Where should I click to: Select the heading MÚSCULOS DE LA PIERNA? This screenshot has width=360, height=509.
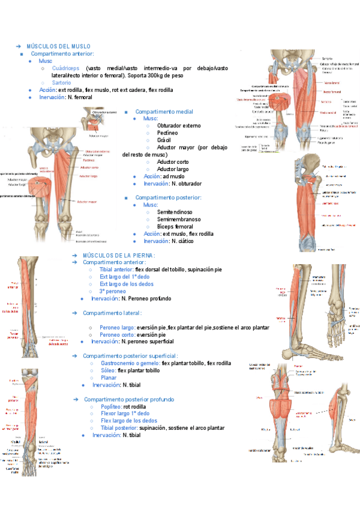(119, 255)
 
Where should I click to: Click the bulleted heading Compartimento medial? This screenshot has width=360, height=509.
(164, 112)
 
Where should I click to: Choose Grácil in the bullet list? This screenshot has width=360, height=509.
(164, 140)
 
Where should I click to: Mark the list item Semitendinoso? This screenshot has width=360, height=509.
(175, 212)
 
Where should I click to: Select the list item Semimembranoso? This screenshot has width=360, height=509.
(178, 219)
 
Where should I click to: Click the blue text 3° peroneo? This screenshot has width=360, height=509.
(114, 291)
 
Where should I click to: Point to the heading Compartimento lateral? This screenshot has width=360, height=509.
(112, 313)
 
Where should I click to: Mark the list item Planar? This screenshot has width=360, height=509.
(109, 378)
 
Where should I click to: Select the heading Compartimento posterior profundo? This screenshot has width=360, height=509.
(129, 399)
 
